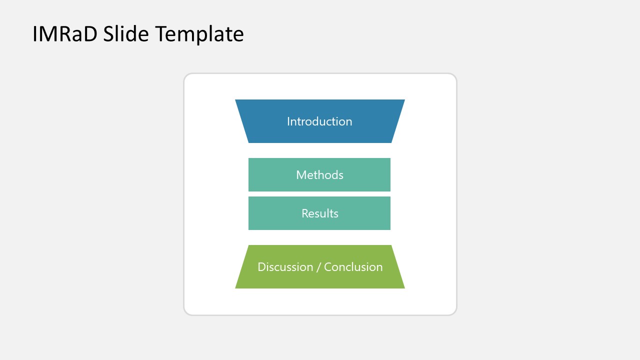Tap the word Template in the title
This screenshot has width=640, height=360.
tap(199, 34)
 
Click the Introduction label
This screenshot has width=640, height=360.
tap(319, 121)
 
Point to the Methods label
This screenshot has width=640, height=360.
tap(319, 175)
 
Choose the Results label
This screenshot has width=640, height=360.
tap(319, 213)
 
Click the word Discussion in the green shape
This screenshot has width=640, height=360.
tap(285, 267)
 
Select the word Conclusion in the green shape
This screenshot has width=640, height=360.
tap(353, 267)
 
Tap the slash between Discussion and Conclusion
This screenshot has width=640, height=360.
tap(318, 267)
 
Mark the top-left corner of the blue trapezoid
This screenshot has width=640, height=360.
tap(236, 100)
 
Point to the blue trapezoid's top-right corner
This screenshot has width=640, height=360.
tap(403, 100)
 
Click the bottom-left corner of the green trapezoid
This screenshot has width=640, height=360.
tap(236, 287)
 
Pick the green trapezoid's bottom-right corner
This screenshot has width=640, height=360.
tap(403, 287)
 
